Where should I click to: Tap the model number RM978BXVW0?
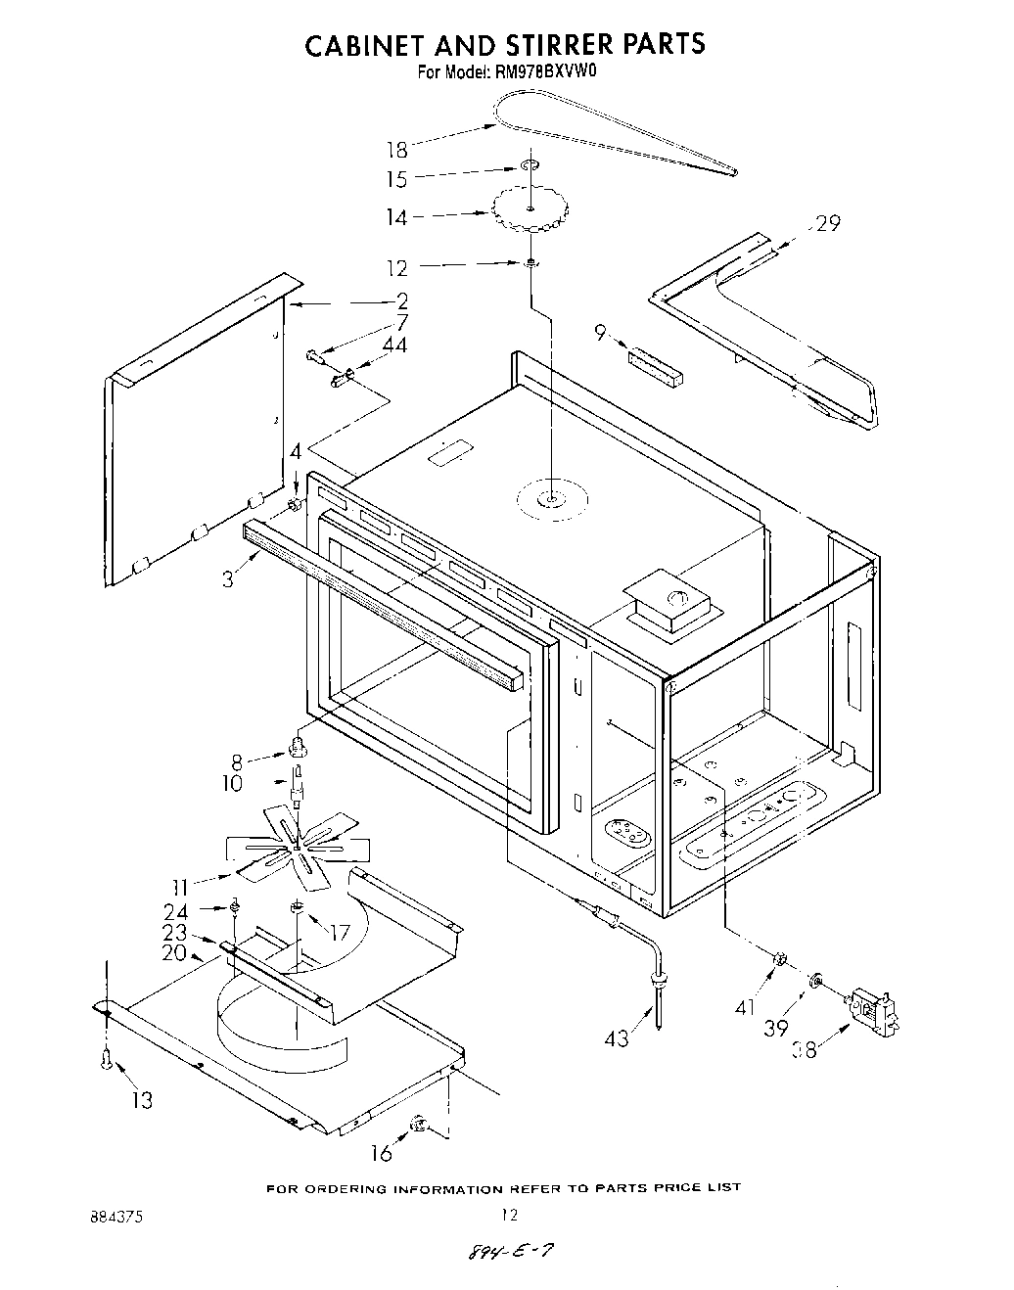click(529, 71)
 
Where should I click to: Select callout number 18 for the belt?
click(396, 150)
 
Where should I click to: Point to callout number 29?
click(828, 224)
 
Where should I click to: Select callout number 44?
click(395, 345)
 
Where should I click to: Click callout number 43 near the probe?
click(617, 1038)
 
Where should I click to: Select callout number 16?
click(382, 1153)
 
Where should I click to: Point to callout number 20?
click(174, 953)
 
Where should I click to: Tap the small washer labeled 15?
click(530, 166)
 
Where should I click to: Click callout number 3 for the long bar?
click(228, 579)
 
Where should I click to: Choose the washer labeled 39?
click(814, 982)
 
